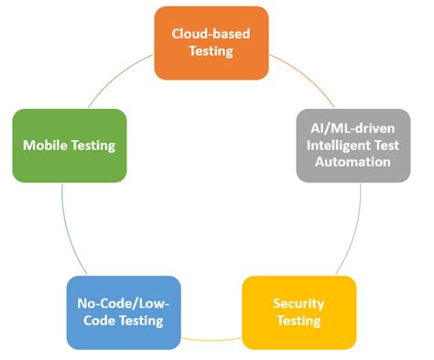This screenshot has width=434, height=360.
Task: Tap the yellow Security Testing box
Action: click(x=298, y=311)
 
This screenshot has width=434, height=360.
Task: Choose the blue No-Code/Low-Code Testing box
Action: click(x=122, y=311)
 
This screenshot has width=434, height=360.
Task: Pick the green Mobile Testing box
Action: click(x=69, y=145)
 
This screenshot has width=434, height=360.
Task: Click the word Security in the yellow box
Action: click(x=298, y=303)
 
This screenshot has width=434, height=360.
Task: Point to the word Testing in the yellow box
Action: click(x=298, y=321)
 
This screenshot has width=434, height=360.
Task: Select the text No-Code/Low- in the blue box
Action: click(x=122, y=303)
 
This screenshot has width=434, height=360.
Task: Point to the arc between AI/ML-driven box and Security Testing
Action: click(x=353, y=229)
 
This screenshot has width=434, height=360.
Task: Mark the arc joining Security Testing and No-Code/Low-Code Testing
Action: click(x=211, y=340)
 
